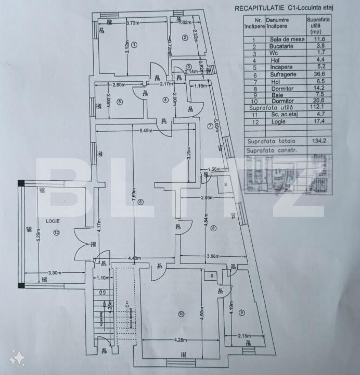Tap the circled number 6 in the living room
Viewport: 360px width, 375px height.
[140, 202]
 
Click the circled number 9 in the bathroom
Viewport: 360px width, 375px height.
[241, 312]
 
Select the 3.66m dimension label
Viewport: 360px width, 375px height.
[214, 257]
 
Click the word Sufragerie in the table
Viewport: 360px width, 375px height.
[283, 75]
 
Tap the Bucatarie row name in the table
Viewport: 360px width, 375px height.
[283, 46]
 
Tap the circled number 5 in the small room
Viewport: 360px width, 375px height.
[120, 102]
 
